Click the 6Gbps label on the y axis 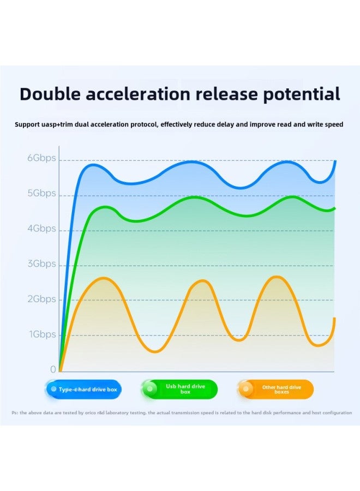[x=41, y=159]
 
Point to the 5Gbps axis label [x=41, y=194]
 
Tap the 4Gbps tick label [x=41, y=229]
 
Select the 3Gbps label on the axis [x=41, y=264]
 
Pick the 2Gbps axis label [x=41, y=299]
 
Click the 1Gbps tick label [x=43, y=334]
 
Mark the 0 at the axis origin [x=53, y=369]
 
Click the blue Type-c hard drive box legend [x=83, y=390]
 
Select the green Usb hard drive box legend [x=179, y=390]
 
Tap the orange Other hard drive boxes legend [x=275, y=390]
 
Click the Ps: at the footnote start [x=15, y=412]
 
